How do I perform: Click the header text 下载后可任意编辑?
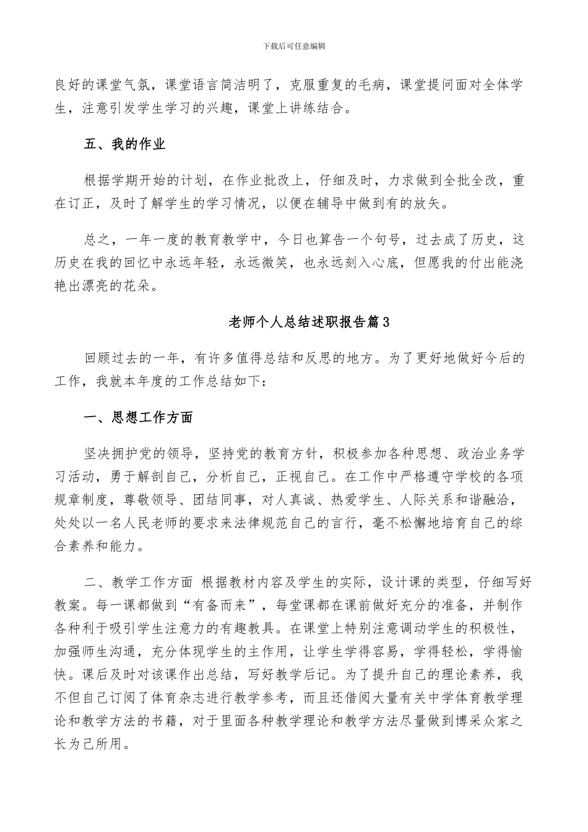tap(294, 45)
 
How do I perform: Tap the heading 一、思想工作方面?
tap(138, 418)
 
